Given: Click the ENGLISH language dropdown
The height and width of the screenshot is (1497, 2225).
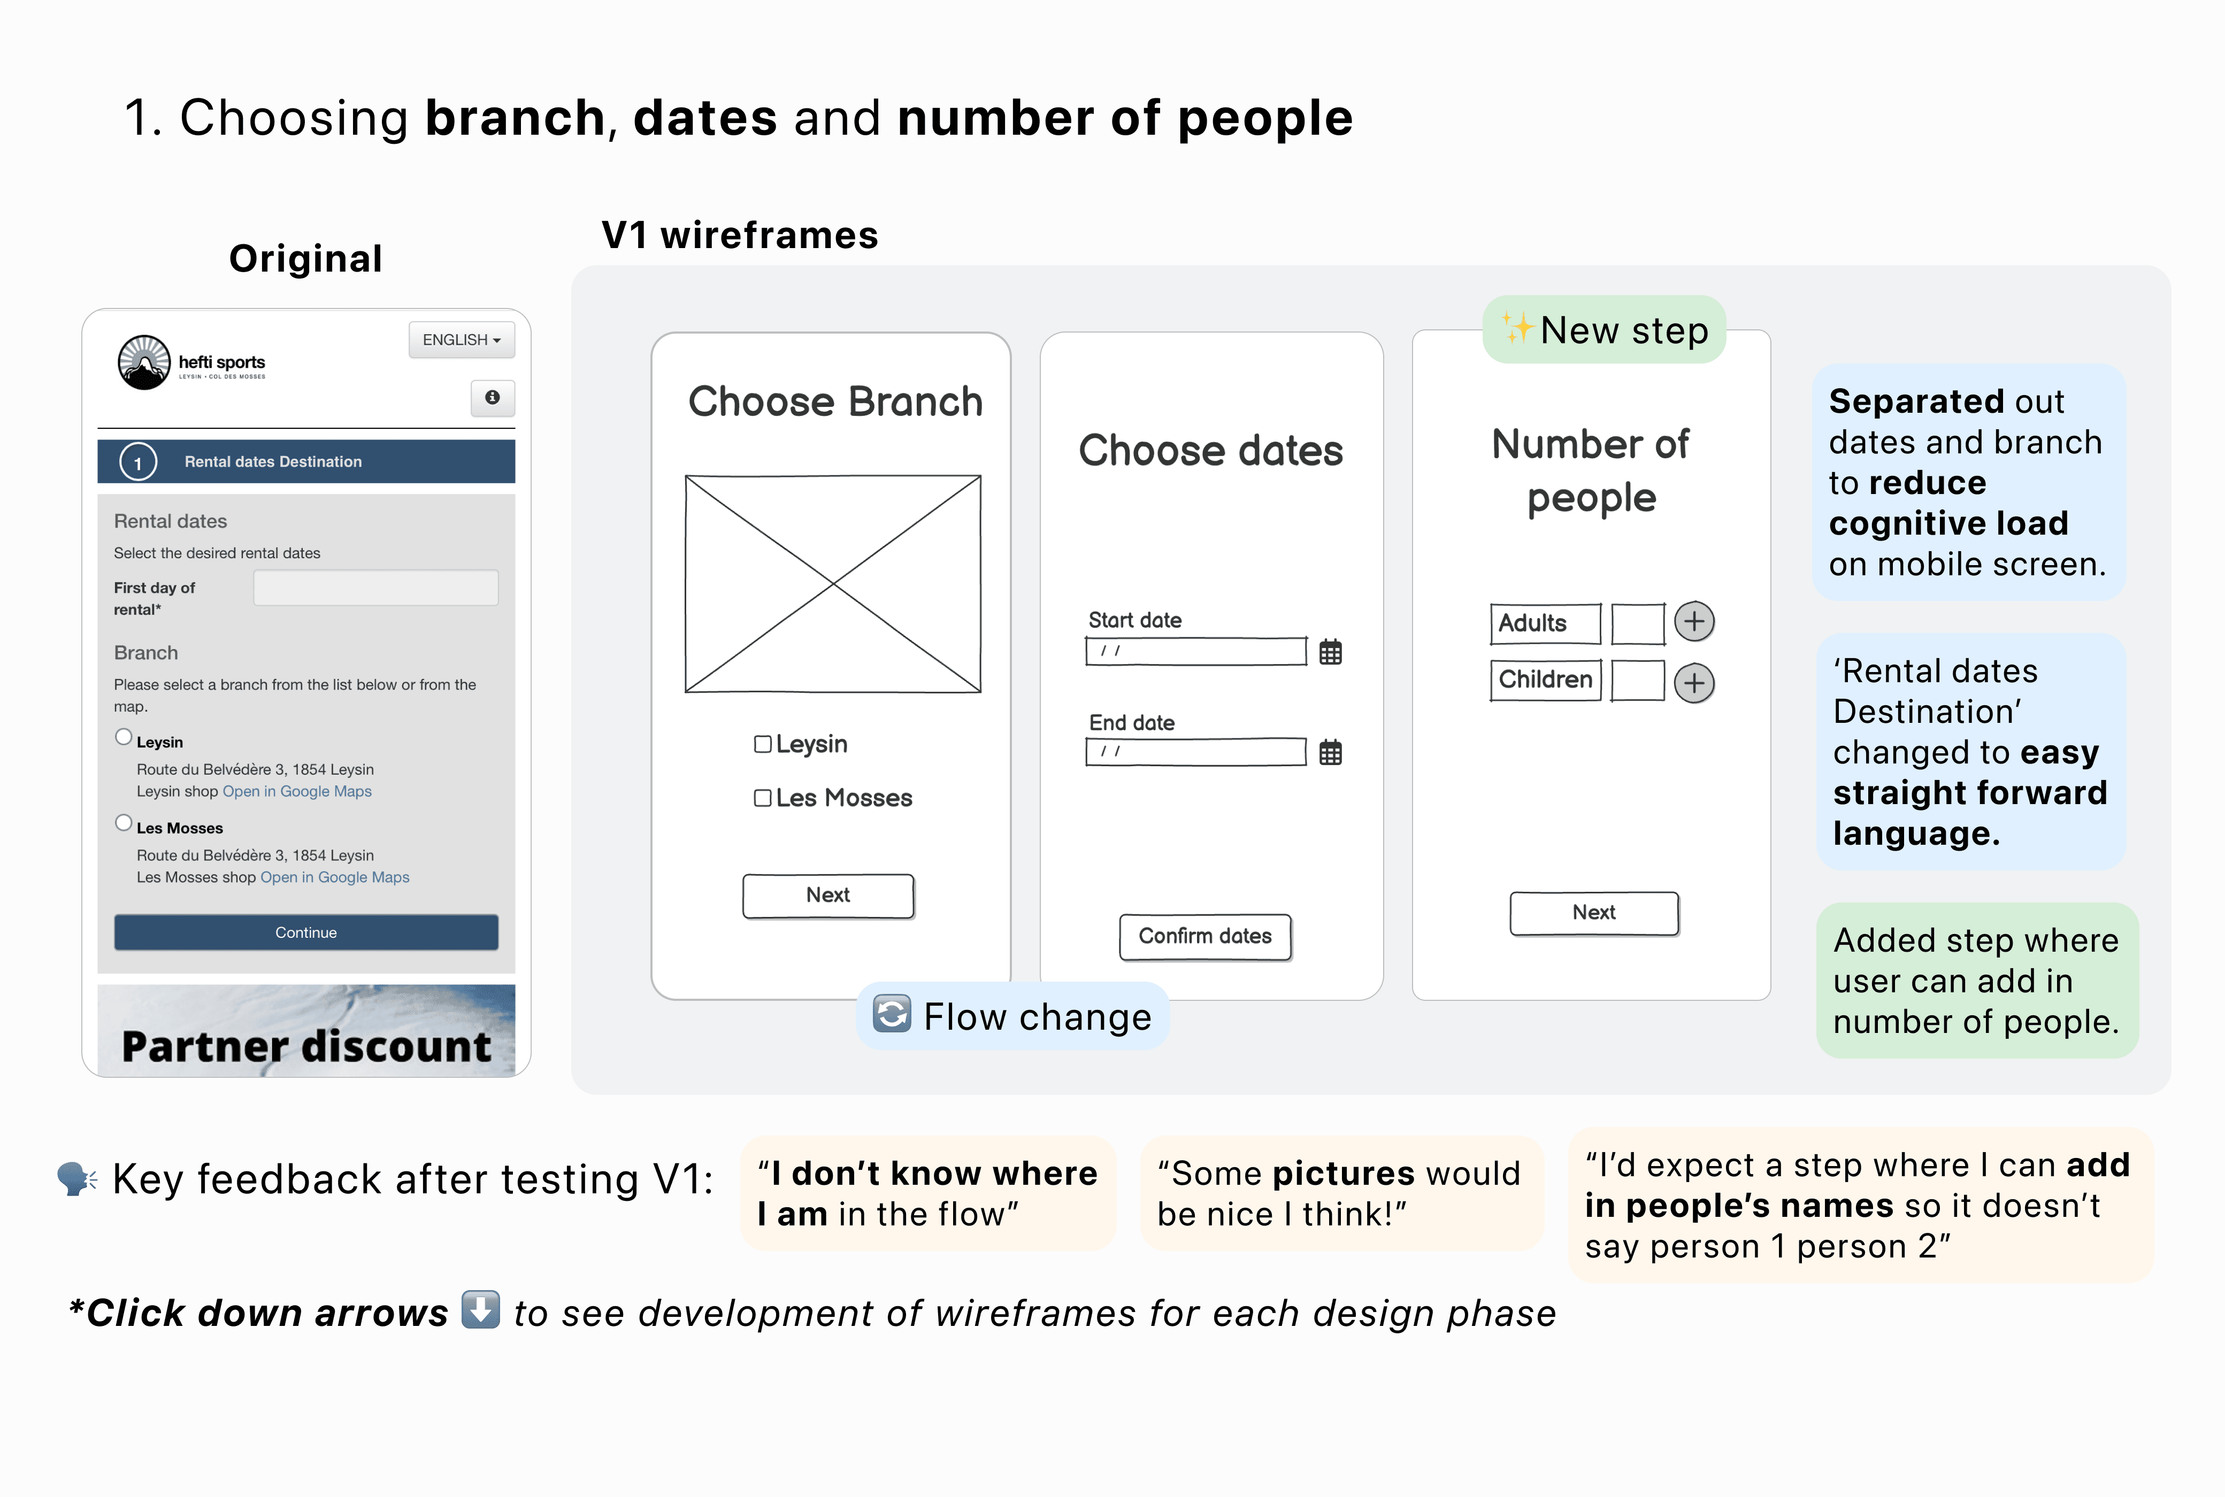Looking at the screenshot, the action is [x=461, y=340].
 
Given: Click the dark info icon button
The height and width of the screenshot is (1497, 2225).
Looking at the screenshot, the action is [x=493, y=397].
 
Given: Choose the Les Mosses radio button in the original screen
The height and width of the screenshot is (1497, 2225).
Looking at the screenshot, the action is [x=123, y=823].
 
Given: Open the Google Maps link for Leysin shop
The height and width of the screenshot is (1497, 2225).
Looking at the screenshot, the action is [x=297, y=791].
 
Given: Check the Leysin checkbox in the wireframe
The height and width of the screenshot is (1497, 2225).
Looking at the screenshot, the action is [x=762, y=744].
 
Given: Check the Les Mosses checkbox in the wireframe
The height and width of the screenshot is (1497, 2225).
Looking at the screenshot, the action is [x=762, y=798].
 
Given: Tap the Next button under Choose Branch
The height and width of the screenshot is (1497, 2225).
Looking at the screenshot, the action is [x=828, y=896].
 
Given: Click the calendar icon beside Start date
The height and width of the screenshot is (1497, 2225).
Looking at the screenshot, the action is [x=1330, y=652].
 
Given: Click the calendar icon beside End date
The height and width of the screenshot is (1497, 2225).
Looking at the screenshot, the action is [x=1330, y=752].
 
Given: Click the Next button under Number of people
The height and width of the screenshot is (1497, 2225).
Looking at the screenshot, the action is [x=1594, y=913].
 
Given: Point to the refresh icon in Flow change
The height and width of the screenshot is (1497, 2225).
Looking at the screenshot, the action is [x=892, y=1014].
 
